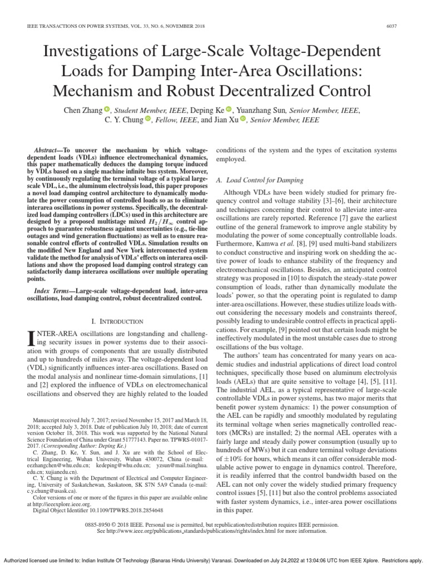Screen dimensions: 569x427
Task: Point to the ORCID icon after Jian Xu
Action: coord(242,119)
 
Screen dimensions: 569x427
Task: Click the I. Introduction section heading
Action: coord(116,321)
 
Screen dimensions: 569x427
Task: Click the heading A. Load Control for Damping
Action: coord(259,180)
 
